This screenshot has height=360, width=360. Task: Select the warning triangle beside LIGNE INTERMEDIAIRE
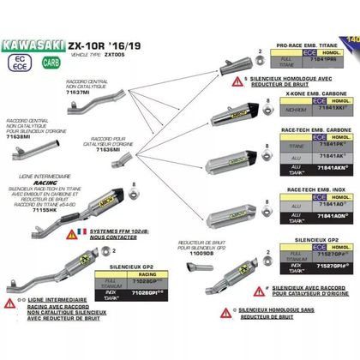(10, 327)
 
